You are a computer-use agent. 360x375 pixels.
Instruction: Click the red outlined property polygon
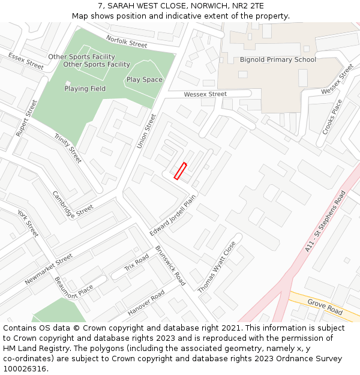[181, 171]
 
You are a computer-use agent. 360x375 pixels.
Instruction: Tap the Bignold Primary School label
[278, 60]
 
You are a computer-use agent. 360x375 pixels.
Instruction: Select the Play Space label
[144, 80]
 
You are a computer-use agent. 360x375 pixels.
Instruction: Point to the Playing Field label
[85, 89]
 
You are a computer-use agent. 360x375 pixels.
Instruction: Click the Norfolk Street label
[126, 41]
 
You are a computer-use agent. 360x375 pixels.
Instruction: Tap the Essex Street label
[26, 61]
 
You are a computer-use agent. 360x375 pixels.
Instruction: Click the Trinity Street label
[68, 148]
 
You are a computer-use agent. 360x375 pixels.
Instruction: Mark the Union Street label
[146, 131]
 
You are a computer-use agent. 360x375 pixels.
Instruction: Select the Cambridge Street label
[73, 204]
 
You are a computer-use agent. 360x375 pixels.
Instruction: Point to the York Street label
[28, 223]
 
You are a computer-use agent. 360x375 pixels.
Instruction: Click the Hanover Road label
[146, 304]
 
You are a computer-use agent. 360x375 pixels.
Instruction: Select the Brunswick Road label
[170, 265]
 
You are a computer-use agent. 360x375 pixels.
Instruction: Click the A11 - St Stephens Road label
[325, 221]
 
